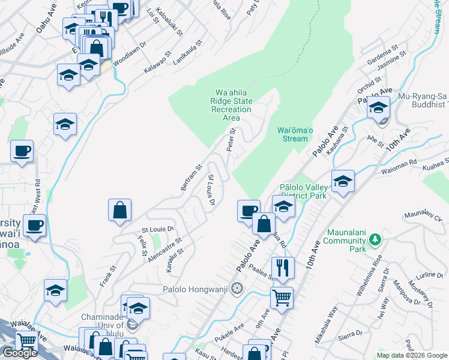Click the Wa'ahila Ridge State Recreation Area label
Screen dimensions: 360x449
pos(231,105)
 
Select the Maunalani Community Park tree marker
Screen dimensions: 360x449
pos(375,240)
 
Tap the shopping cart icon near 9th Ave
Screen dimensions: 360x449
pos(282,296)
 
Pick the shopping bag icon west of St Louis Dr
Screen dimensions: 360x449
pos(120,209)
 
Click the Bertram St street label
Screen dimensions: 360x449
pos(191,177)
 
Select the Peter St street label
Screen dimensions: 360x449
pos(231,139)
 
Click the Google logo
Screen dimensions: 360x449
pos(19,353)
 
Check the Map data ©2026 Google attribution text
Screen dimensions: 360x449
pos(412,355)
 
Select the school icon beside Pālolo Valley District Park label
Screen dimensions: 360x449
pos(343,180)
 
